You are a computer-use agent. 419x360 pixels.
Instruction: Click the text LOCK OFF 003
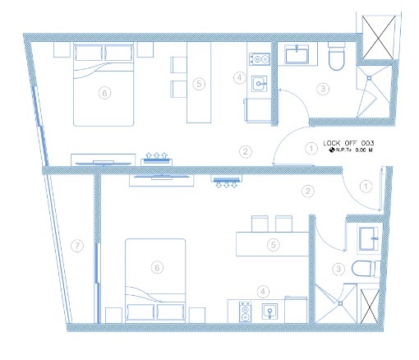(x=348, y=143)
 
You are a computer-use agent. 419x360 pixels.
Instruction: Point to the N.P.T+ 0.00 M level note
(x=351, y=150)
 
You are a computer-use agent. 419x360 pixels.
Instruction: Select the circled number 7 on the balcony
(x=77, y=246)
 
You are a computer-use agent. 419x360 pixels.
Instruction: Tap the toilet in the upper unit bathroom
(x=336, y=56)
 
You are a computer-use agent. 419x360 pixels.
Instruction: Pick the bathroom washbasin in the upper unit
(x=297, y=54)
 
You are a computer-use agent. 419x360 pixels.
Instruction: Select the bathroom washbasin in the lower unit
(x=368, y=238)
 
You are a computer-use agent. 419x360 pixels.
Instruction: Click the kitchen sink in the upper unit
(x=259, y=84)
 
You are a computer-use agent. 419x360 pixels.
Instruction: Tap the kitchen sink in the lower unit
(x=269, y=312)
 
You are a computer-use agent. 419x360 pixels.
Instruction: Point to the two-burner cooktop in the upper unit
(x=260, y=59)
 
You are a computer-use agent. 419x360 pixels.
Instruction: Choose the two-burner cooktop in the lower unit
(x=245, y=312)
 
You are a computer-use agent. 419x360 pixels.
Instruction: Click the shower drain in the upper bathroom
(x=369, y=78)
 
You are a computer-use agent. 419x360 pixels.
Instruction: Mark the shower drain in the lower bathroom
(x=340, y=303)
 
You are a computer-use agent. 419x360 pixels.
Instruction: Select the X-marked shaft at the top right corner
(x=379, y=37)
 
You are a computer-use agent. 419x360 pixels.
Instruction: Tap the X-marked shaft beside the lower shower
(x=370, y=306)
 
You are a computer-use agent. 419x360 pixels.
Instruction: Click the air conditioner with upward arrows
(x=156, y=159)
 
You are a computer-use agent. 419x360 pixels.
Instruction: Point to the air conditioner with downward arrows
(x=227, y=182)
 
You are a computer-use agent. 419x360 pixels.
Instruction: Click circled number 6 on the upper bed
(x=104, y=93)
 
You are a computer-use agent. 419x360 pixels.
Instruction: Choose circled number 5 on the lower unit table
(x=274, y=244)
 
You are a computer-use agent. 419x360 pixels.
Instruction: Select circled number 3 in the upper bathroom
(x=323, y=89)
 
